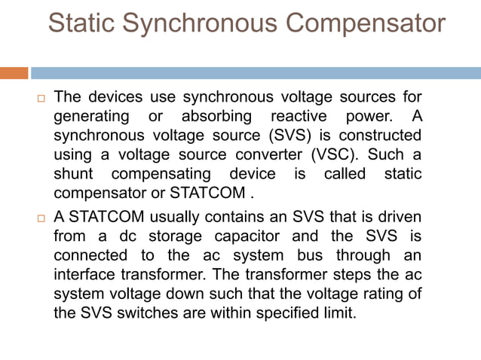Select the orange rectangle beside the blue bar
(14, 73)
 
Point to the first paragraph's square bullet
(41, 98)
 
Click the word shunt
(73, 174)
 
